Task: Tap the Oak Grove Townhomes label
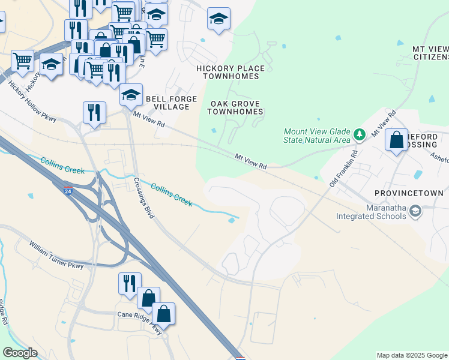(236, 107)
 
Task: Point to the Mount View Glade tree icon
(360, 134)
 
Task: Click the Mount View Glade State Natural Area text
(316, 136)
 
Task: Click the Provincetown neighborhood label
(408, 193)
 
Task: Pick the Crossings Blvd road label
(145, 197)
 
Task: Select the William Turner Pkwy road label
(57, 255)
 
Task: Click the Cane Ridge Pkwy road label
(140, 322)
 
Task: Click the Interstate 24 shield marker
(68, 190)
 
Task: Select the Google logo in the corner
(20, 353)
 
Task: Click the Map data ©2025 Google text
(411, 355)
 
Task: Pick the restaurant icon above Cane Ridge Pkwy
(130, 284)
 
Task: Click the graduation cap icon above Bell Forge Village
(131, 95)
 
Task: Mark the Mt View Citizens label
(430, 52)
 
